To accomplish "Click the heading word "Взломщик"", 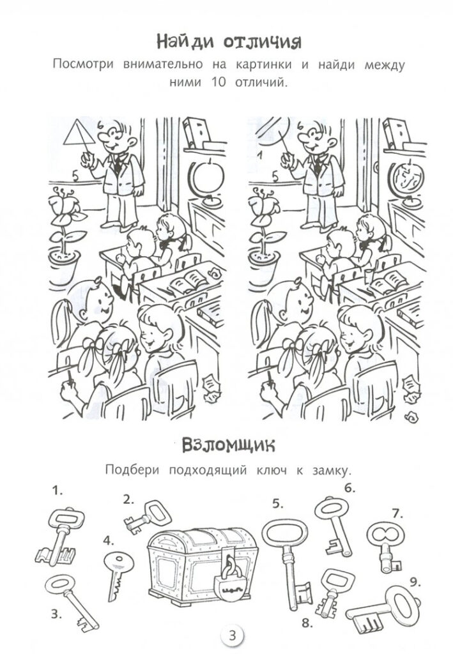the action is coord(229,446).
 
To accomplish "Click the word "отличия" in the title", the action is coord(263,42).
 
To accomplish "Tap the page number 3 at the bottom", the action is coord(233,636).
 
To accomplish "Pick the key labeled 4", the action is coord(117,576).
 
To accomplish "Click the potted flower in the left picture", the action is coord(65,236).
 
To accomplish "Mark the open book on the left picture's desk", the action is coord(188,282).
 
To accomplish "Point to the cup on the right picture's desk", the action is coord(368,276).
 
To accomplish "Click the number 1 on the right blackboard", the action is coord(259,156).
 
